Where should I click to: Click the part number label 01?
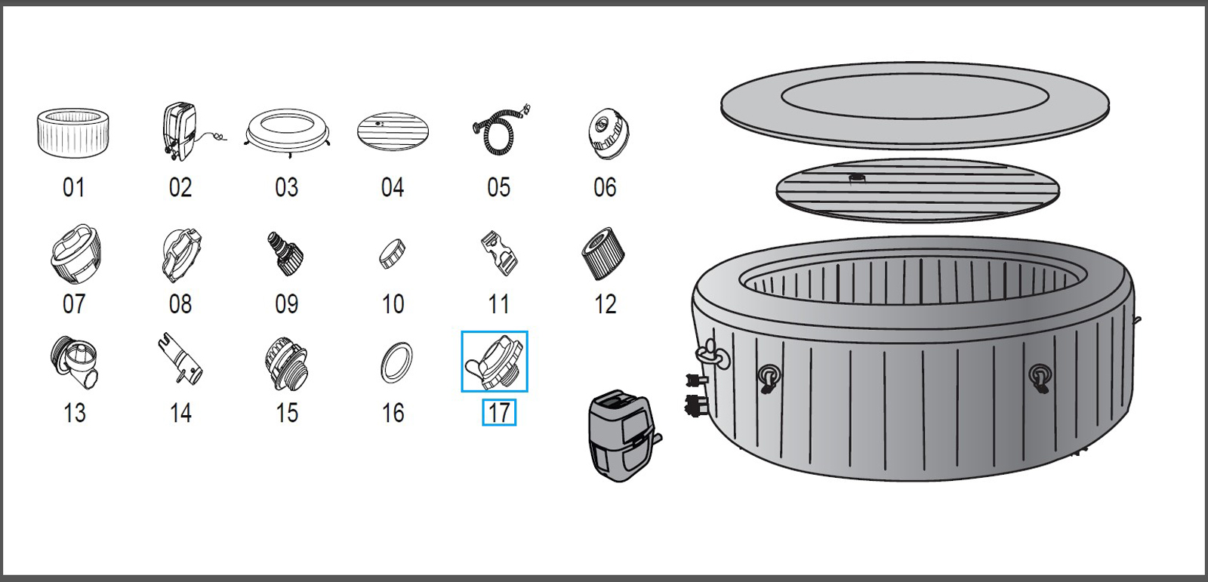point(73,187)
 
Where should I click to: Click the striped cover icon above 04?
point(393,132)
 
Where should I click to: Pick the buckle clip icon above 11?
point(498,253)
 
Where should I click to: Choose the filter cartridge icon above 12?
point(604,253)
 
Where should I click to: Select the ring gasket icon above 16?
point(396,362)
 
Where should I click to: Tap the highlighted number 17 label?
point(499,413)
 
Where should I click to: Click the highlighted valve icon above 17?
point(495,362)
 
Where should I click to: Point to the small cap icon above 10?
point(393,253)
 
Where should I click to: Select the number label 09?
point(286,304)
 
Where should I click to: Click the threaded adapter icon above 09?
point(285,254)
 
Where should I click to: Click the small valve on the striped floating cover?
point(858,179)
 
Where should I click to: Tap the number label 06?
point(605,187)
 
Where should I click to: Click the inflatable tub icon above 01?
point(73,132)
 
